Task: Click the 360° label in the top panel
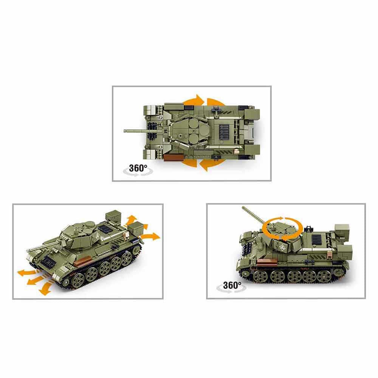[x=138, y=168]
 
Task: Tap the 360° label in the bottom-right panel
[x=232, y=285]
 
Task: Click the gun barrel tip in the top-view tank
[x=125, y=131]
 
